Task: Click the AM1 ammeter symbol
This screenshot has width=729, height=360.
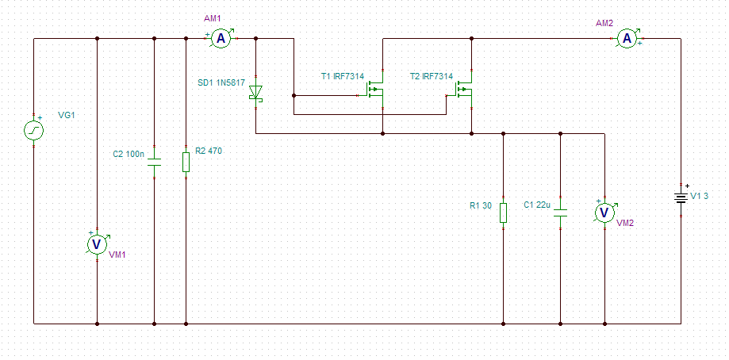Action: [221, 39]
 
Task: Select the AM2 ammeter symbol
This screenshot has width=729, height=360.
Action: [627, 39]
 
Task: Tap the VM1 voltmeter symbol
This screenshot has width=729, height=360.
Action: [97, 245]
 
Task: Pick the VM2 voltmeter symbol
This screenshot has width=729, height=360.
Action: [604, 213]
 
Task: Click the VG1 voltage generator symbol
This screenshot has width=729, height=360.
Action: [33, 131]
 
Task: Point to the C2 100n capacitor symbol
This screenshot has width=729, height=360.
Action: [154, 162]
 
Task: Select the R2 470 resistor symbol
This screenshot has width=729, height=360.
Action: [186, 162]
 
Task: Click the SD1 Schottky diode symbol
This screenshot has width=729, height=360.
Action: [255, 93]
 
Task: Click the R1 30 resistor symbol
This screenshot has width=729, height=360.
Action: [503, 213]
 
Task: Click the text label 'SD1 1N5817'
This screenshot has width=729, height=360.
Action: [220, 83]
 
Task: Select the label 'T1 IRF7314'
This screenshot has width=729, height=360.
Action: [343, 75]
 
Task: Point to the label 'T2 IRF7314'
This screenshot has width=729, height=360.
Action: [432, 75]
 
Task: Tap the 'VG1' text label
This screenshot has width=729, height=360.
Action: [67, 115]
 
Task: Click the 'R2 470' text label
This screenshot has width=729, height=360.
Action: [209, 151]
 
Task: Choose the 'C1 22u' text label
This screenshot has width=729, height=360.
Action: [536, 205]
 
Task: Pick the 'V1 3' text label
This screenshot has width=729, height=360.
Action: [699, 196]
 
